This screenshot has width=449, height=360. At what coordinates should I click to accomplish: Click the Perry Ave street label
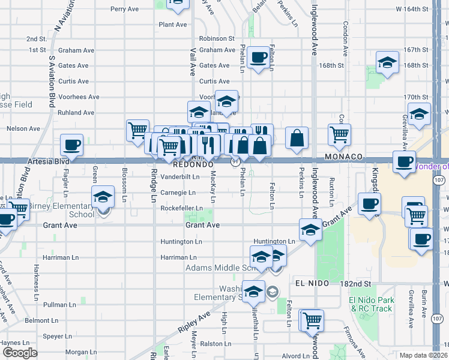point(124,9)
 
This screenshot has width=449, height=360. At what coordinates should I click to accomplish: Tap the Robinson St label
point(217,38)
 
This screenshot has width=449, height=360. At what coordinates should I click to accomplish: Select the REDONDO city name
point(193,164)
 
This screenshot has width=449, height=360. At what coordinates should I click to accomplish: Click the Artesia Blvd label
point(49,161)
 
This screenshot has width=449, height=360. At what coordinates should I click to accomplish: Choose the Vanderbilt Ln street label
point(179,177)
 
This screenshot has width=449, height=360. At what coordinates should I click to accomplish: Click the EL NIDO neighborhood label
point(310,283)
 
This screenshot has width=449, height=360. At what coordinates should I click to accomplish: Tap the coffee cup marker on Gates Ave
point(259,58)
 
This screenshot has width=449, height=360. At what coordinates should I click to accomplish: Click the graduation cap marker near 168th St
point(387,62)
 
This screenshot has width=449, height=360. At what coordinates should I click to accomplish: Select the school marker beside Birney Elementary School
point(103,197)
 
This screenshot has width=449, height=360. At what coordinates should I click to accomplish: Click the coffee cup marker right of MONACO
point(403,161)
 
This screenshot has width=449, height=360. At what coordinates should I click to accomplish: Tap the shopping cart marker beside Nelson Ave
point(137,129)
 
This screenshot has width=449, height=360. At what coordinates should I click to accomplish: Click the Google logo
point(20,353)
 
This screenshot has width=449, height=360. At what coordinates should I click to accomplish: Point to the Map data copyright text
point(424,355)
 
